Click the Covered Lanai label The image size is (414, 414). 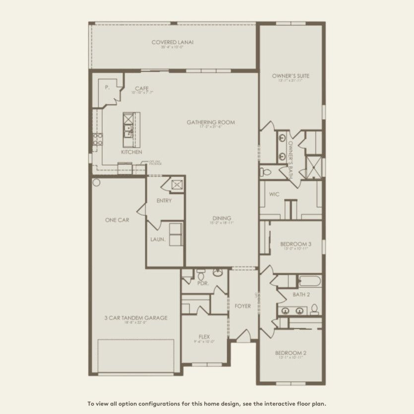tap(173, 42)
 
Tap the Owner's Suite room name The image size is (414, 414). tap(291, 76)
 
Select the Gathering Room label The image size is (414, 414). tap(211, 122)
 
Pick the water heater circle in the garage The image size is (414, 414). tap(96, 182)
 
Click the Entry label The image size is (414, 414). tap(164, 201)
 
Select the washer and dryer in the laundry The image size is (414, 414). tap(176, 234)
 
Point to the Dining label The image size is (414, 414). tap(222, 218)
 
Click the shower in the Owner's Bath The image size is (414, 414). tap(314, 167)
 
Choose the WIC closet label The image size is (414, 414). tap(275, 194)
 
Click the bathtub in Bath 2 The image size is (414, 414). tap(304, 282)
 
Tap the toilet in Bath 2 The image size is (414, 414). tap(314, 309)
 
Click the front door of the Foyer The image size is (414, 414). tap(243, 337)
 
